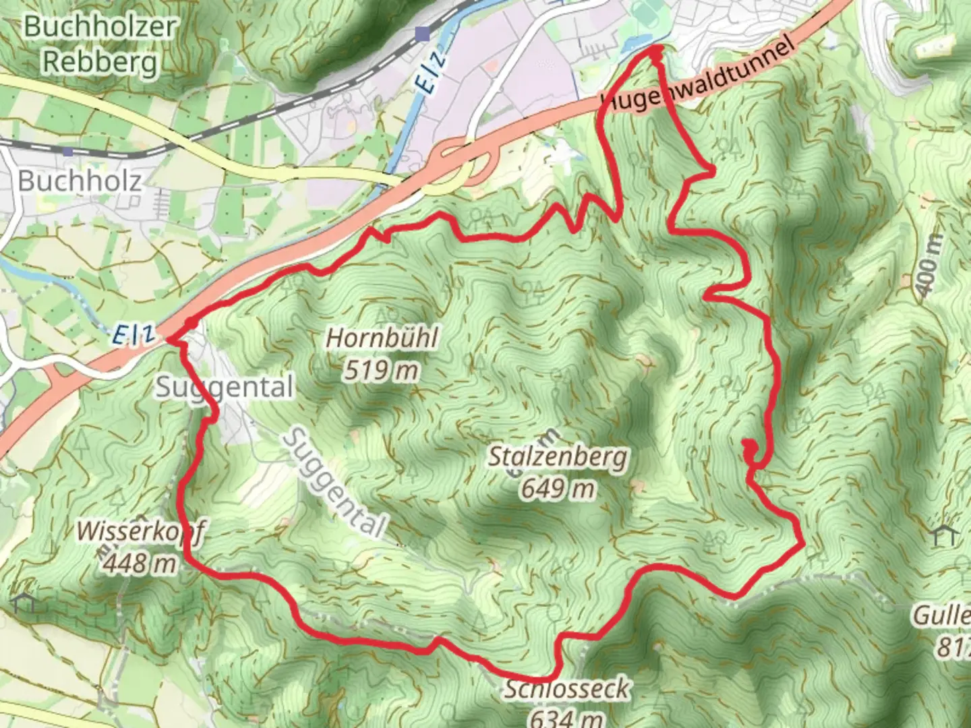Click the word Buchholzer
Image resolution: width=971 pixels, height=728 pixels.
(x=100, y=27)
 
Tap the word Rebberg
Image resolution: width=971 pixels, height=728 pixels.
(x=100, y=62)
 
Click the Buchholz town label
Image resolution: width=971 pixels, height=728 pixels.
(x=80, y=181)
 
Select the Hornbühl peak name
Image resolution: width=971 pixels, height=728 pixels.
(x=382, y=337)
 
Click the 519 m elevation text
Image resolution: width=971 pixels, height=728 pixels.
(x=381, y=369)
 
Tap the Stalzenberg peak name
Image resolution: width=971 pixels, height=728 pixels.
(x=557, y=457)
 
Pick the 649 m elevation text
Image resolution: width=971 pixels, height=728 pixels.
(x=557, y=488)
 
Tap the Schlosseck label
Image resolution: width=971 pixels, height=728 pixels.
(x=566, y=689)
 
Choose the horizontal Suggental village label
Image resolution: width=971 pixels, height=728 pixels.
(x=225, y=388)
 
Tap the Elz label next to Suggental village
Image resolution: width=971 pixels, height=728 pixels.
(x=134, y=334)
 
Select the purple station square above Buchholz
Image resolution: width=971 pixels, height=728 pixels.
(x=423, y=33)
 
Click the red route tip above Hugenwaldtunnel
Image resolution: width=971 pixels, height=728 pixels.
(x=655, y=51)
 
